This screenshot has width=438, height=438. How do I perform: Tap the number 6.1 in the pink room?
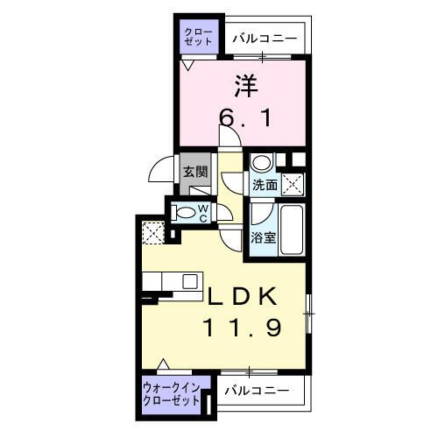point(246,118)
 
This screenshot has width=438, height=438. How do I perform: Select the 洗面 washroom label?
point(265,186)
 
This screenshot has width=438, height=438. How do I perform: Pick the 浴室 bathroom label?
point(264,237)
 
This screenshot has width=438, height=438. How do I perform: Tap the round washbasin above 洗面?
point(261,163)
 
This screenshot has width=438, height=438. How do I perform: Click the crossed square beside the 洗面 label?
point(293,184)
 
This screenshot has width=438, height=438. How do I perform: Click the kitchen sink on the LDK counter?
point(187,281)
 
